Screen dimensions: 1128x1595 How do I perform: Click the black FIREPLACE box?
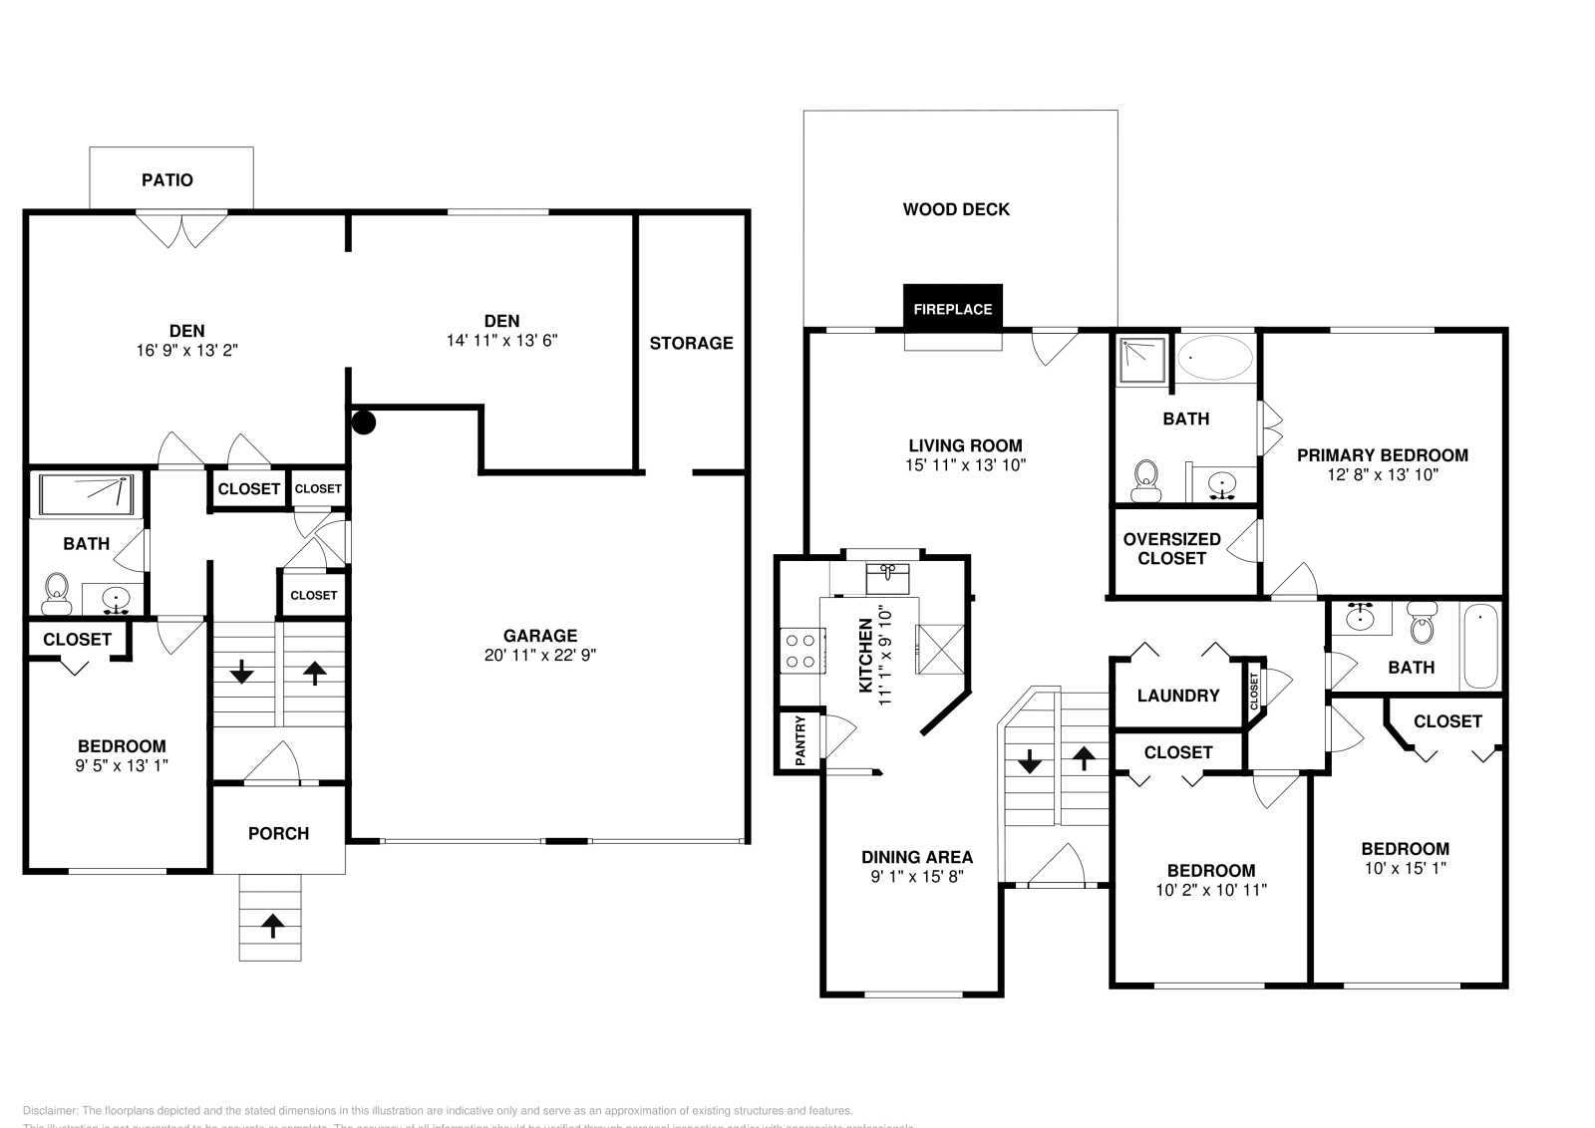[953, 308]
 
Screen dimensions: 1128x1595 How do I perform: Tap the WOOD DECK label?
[956, 209]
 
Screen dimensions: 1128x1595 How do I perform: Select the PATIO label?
[167, 180]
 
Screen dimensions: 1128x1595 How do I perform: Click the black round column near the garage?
[364, 423]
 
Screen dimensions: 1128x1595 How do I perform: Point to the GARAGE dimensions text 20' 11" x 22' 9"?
[539, 655]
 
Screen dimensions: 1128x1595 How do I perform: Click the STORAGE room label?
[691, 343]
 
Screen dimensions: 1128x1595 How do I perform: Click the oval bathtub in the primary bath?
[1215, 357]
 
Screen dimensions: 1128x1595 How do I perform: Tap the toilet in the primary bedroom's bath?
[1146, 480]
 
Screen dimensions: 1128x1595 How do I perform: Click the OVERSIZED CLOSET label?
[1171, 548]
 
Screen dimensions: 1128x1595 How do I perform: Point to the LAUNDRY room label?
[1177, 696]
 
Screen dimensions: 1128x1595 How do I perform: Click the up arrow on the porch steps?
[270, 926]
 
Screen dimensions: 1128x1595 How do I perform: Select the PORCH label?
[278, 833]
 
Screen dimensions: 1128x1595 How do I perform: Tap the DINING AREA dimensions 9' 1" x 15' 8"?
[916, 877]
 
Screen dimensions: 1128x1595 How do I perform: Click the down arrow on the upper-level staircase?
[1030, 764]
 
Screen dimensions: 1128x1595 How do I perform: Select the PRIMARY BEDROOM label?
[1382, 455]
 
